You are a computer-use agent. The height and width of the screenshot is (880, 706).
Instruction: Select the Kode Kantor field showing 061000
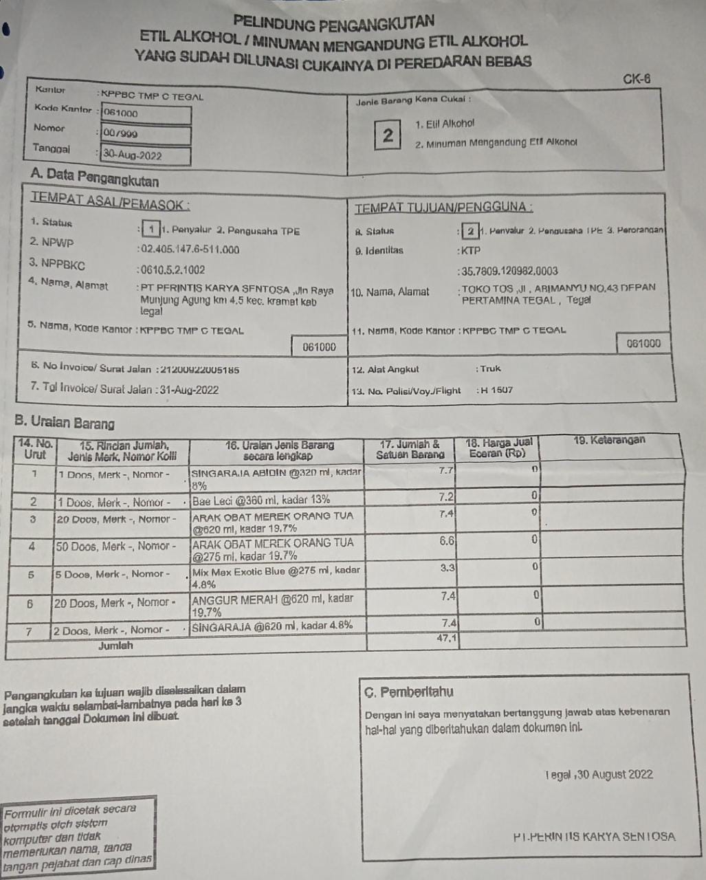point(145,113)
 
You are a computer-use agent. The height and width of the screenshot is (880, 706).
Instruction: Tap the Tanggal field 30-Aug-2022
point(145,155)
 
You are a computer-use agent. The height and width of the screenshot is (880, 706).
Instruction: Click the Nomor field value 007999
point(145,134)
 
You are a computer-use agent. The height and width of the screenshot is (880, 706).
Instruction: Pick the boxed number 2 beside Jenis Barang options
point(388,135)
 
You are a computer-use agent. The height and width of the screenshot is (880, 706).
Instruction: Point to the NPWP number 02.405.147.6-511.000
point(190,250)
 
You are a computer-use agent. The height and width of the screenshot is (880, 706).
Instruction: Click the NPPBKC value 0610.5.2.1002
point(173,270)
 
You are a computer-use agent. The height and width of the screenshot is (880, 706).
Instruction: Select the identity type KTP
point(471,251)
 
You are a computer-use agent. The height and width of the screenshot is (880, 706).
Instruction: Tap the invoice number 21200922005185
point(199,370)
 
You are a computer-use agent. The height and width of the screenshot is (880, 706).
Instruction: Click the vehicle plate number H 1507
point(496,390)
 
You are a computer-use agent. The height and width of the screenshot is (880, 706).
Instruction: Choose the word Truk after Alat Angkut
point(490,369)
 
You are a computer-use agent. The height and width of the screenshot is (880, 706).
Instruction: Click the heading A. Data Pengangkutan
point(95,180)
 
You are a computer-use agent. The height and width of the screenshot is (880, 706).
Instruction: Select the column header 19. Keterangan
point(609,441)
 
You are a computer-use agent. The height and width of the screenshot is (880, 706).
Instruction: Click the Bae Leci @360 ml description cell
point(261,500)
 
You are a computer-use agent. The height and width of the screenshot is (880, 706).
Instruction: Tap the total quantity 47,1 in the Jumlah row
point(446,639)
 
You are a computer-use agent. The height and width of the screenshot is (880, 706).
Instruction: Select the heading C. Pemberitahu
point(408,692)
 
